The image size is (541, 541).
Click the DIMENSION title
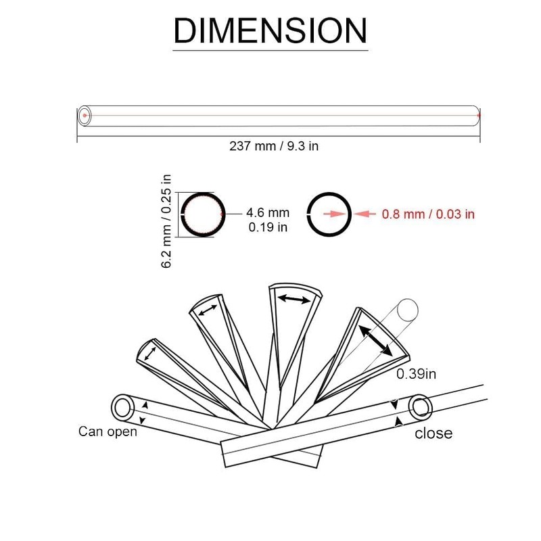(x=270, y=30)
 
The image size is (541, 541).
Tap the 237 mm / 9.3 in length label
(x=274, y=146)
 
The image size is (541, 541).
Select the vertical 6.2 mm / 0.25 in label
(x=166, y=221)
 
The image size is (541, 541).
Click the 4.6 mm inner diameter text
(x=268, y=212)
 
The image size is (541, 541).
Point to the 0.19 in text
(x=268, y=227)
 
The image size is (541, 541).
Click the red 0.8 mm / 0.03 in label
(x=428, y=214)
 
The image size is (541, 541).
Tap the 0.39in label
(x=416, y=374)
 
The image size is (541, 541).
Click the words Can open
(x=108, y=431)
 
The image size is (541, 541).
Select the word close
(x=433, y=433)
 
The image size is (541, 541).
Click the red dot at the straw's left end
(x=85, y=115)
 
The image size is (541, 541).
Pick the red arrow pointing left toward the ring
(x=364, y=214)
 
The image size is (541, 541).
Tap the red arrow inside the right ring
(x=335, y=214)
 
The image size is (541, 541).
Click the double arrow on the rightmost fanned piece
(x=375, y=341)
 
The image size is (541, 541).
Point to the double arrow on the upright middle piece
(x=294, y=299)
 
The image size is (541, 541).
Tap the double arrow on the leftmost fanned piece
(x=150, y=354)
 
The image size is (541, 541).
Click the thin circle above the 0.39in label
(x=408, y=300)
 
